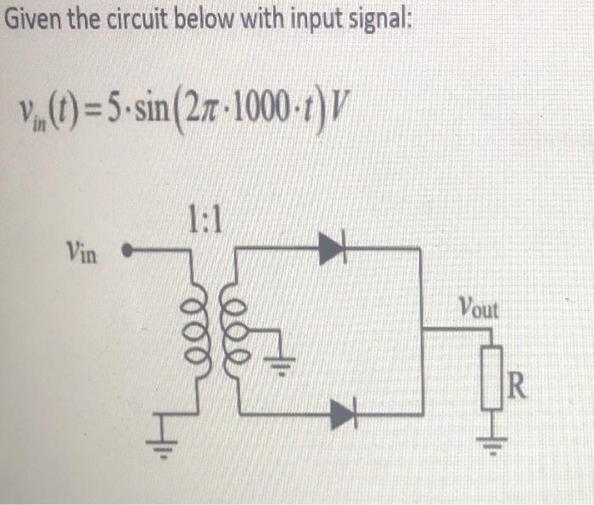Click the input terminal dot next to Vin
pyautogui.click(x=127, y=251)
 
